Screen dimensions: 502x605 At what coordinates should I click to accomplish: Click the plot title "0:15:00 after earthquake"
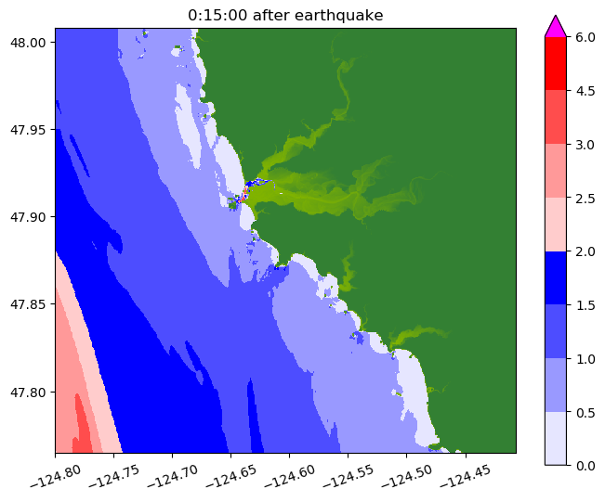pos(284,15)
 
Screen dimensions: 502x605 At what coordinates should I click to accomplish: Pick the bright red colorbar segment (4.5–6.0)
pos(555,63)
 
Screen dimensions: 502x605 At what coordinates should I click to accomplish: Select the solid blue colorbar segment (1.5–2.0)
pos(555,277)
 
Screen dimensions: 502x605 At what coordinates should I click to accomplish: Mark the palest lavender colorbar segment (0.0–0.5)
pos(555,438)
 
